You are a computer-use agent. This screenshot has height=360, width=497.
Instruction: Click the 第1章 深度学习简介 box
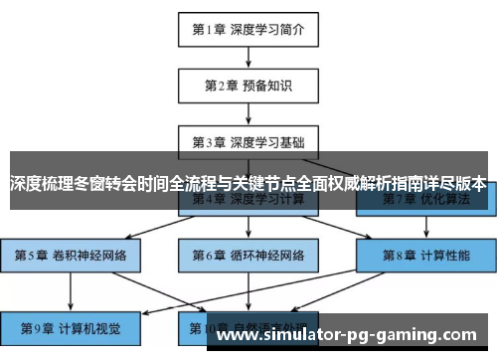(248, 29)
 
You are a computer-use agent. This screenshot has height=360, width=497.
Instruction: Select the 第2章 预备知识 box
(248, 85)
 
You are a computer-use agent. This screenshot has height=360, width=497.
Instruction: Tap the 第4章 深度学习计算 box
(248, 200)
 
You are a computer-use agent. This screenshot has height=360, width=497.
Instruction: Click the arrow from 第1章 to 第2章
(248, 57)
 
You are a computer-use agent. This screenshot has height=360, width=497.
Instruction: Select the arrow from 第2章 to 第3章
(248, 112)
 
